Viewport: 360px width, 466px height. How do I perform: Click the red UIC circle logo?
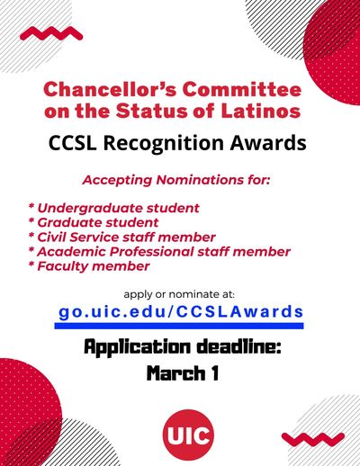point(188,435)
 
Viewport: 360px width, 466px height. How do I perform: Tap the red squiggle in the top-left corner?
point(51,33)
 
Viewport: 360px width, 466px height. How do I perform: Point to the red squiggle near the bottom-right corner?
point(313,439)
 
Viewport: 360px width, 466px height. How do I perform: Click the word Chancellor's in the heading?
point(110,90)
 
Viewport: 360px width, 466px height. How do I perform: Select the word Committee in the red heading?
point(242,90)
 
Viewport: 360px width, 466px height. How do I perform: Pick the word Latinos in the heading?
point(261,111)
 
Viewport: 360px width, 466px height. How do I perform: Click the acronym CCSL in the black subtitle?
point(73,142)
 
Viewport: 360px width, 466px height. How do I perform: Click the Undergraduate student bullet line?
point(114,208)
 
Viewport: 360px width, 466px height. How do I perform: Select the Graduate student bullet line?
point(94,222)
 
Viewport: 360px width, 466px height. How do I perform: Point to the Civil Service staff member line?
point(121,237)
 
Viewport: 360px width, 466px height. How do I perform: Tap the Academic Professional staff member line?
point(159,251)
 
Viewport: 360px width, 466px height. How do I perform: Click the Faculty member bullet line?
point(89,266)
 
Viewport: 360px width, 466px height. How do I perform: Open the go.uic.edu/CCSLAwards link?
point(181,312)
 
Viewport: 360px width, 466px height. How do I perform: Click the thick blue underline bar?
point(179,326)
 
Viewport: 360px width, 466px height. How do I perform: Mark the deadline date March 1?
point(183,373)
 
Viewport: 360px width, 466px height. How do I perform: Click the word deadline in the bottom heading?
point(239,347)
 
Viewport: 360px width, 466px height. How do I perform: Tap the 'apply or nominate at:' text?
point(179,294)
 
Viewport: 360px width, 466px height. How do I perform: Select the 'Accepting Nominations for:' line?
point(176,180)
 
